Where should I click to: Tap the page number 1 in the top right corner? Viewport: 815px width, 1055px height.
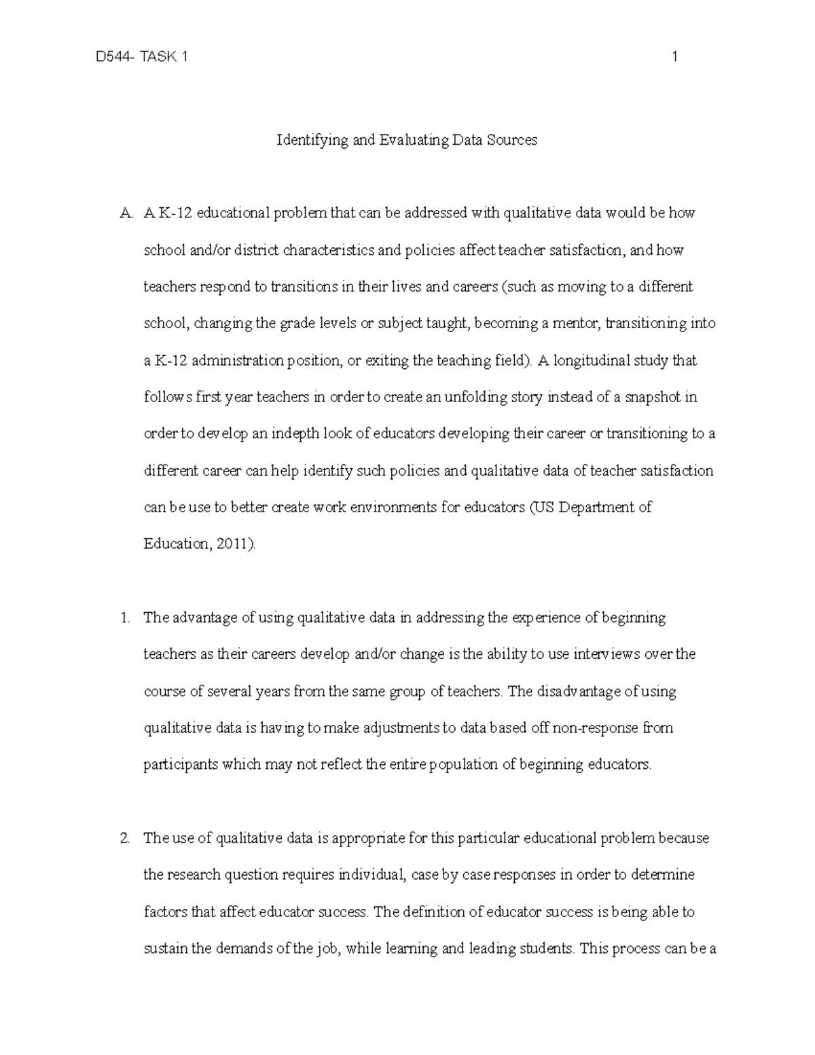click(674, 58)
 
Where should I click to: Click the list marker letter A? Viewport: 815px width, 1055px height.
click(124, 214)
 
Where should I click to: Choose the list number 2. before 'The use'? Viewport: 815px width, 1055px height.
click(124, 839)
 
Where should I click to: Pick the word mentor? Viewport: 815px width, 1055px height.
click(579, 324)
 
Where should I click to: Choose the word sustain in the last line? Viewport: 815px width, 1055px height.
click(165, 949)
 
